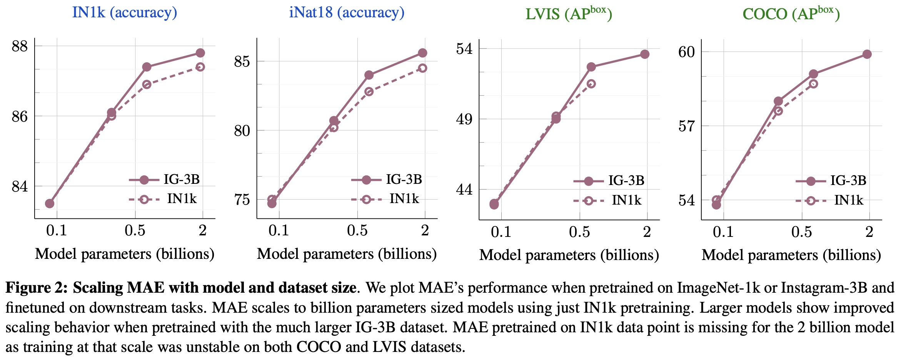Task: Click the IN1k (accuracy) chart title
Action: pyautogui.click(x=125, y=13)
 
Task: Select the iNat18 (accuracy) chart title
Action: pyautogui.click(x=347, y=13)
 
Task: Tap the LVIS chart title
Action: pyautogui.click(x=569, y=13)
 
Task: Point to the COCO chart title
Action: pyautogui.click(x=791, y=13)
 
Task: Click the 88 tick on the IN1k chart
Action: pyautogui.click(x=20, y=47)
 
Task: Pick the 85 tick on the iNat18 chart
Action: pyautogui.click(x=242, y=62)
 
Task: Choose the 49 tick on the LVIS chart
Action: pyautogui.click(x=464, y=119)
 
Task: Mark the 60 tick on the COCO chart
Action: pyautogui.click(x=686, y=52)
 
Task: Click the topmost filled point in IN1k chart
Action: pyautogui.click(x=200, y=53)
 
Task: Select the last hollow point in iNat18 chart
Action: pyautogui.click(x=422, y=68)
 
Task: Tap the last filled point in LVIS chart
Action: pyautogui.click(x=645, y=54)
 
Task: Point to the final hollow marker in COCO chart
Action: pyautogui.click(x=813, y=84)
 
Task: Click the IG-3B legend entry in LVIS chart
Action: pyautogui.click(x=609, y=181)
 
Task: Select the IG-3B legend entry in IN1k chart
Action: pyautogui.click(x=165, y=180)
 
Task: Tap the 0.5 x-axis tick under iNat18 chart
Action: pyautogui.click(x=357, y=230)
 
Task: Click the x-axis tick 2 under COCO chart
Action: pyautogui.click(x=869, y=232)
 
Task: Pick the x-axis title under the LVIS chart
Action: pyautogui.click(x=569, y=255)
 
